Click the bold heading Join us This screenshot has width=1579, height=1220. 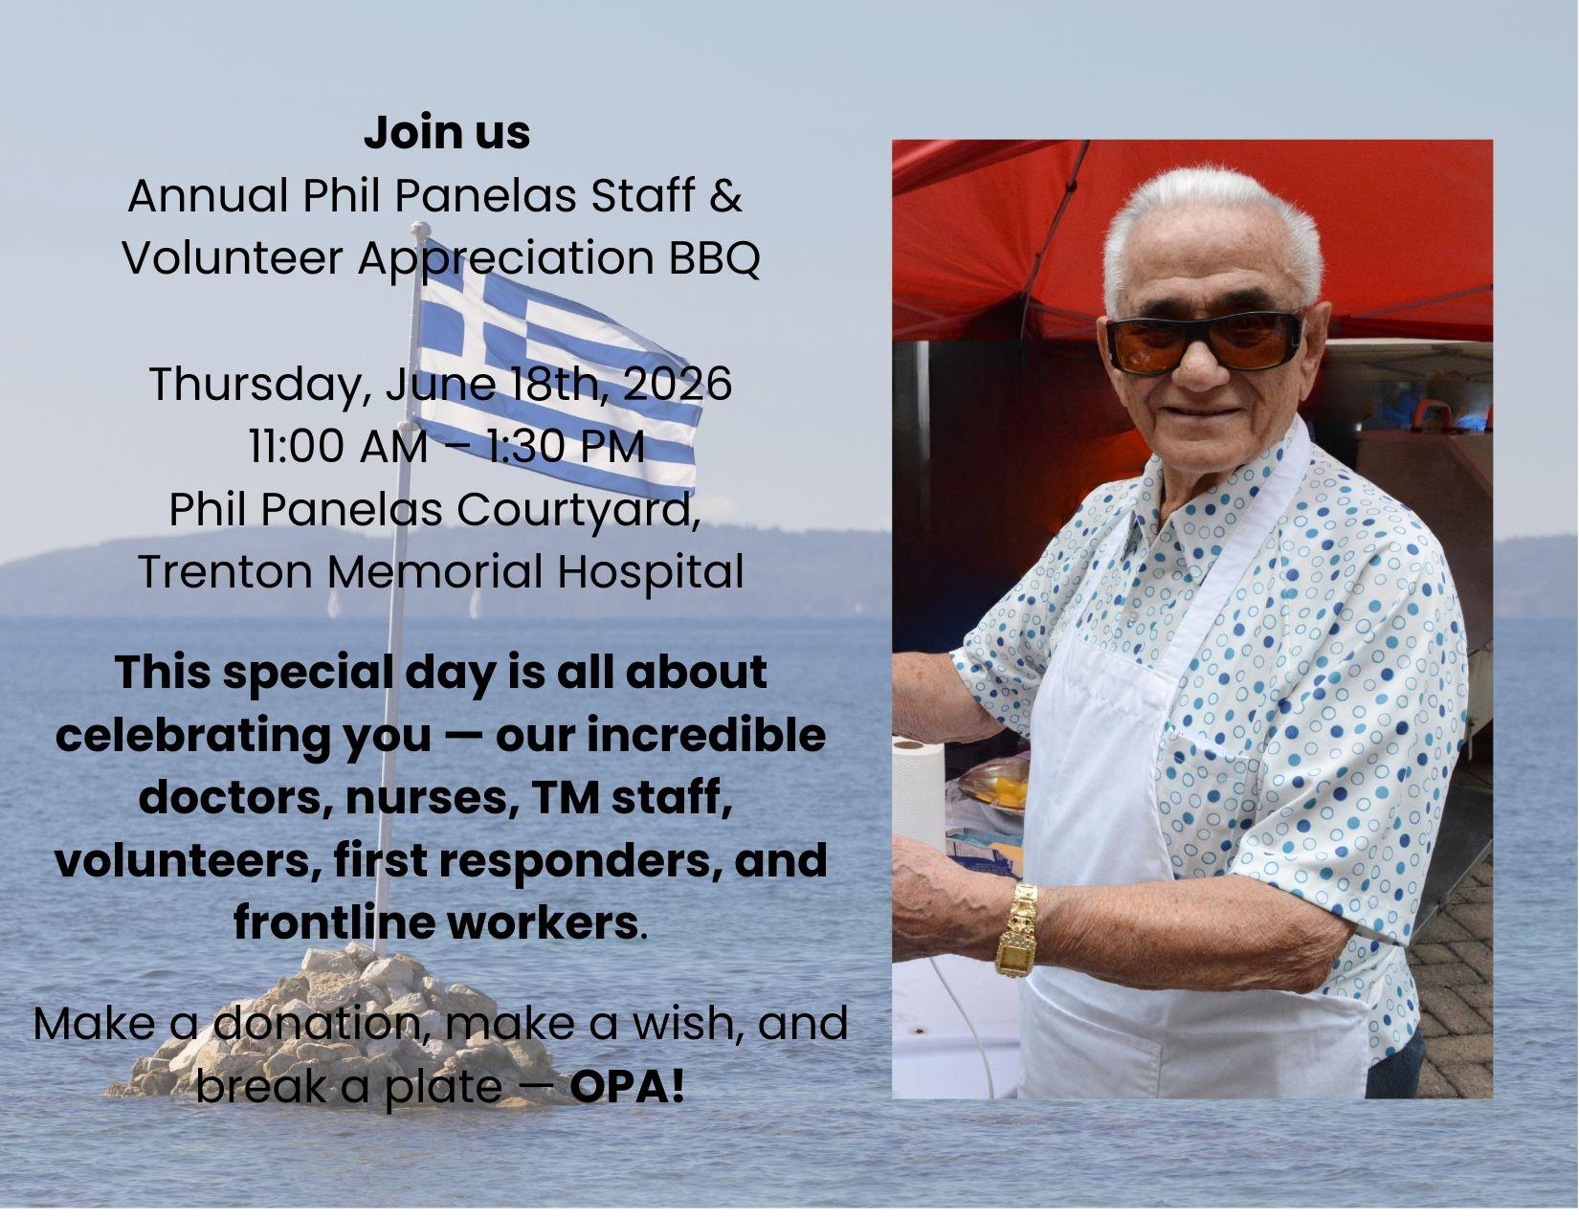(447, 133)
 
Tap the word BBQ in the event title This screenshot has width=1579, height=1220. (714, 257)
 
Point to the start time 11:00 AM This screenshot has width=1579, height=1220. (339, 446)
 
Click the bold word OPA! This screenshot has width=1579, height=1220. (627, 1086)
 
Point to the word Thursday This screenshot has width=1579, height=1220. (256, 385)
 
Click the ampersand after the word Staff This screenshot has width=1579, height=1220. (724, 195)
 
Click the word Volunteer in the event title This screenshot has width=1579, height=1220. (232, 258)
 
